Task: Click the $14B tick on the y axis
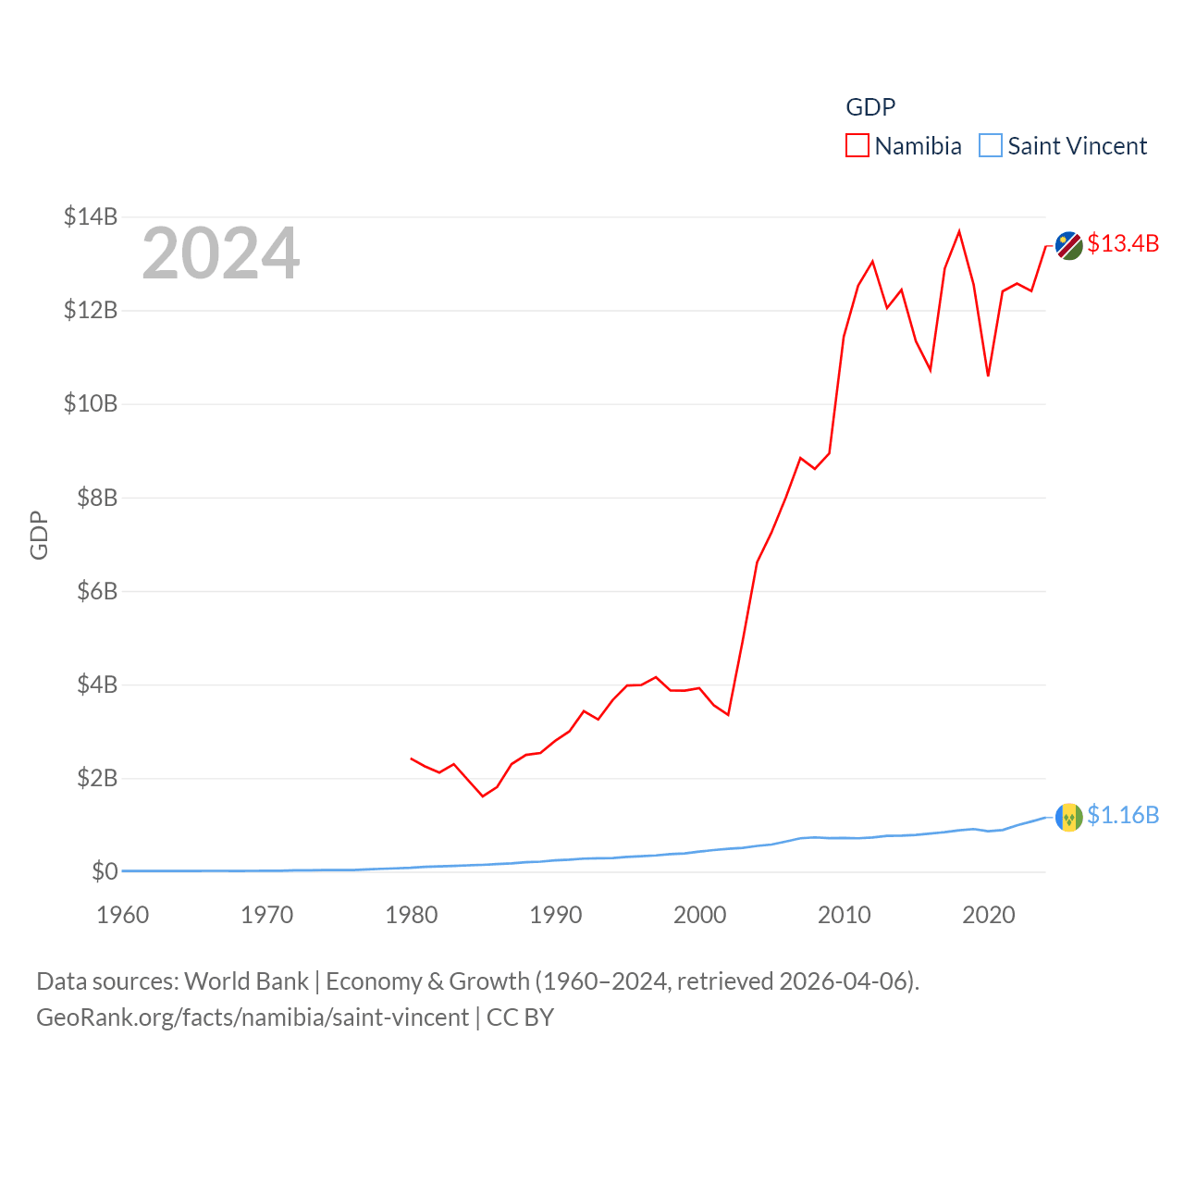pos(91,216)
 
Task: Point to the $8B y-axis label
pos(97,498)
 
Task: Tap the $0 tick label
pos(105,871)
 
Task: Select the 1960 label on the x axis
pos(122,915)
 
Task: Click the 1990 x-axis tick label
pos(555,915)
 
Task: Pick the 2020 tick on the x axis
pos(988,915)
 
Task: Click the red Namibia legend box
pos(857,146)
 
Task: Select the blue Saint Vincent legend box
pos(991,146)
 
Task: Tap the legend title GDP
pos(870,107)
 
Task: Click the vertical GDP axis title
pos(39,535)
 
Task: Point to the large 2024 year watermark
pos(220,253)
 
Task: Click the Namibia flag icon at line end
pos(1068,246)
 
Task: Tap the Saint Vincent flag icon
pos(1068,818)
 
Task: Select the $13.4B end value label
pos(1123,243)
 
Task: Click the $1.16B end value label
pos(1123,815)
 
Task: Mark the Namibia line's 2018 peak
pos(959,231)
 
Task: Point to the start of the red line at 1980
pos(412,758)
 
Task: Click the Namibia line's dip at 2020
pos(988,376)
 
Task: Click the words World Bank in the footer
pos(246,981)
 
